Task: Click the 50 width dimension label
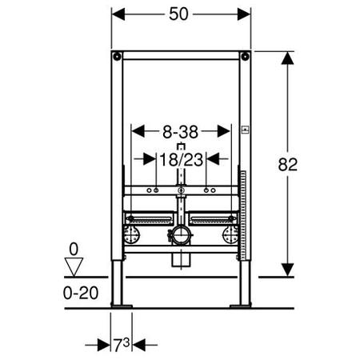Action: pyautogui.click(x=178, y=14)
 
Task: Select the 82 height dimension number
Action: pyautogui.click(x=288, y=165)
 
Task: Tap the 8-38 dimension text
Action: pyautogui.click(x=181, y=132)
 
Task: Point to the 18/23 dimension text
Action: pyautogui.click(x=182, y=160)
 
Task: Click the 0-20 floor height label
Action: pyautogui.click(x=81, y=293)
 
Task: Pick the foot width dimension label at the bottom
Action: pyautogui.click(x=122, y=345)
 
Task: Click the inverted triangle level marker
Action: pyautogui.click(x=74, y=266)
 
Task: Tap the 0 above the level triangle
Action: pyautogui.click(x=74, y=250)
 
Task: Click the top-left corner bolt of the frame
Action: pyautogui.click(x=117, y=56)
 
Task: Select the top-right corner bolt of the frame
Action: pyautogui.click(x=245, y=56)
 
